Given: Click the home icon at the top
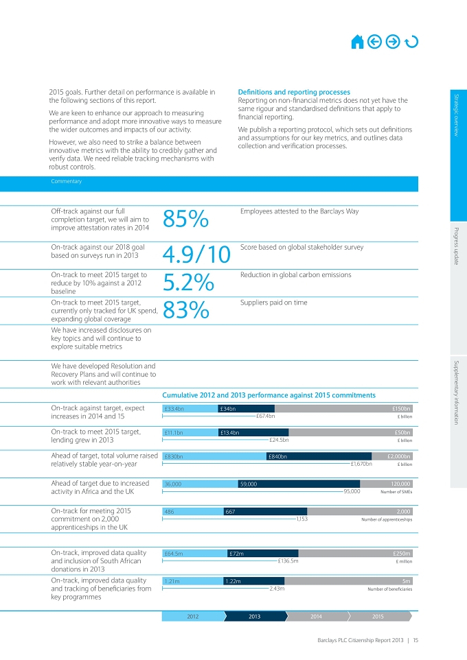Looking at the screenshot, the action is tap(357, 42).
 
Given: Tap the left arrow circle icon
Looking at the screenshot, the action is tap(374, 42).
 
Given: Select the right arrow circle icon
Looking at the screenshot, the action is tap(393, 42).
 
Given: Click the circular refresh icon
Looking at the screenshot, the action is tap(411, 42).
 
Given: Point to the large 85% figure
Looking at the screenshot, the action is tap(185, 219).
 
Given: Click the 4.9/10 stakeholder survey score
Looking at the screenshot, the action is tap(196, 255).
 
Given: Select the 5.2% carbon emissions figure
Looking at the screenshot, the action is tap(188, 282).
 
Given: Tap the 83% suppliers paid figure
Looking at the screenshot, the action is tap(186, 310).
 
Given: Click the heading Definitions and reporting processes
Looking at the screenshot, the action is tap(294, 92).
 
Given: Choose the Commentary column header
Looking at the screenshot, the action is tap(66, 181).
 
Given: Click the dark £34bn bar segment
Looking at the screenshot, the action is tap(246, 408).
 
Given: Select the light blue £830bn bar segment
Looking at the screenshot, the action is tap(214, 456).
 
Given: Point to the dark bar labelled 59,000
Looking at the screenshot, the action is tap(299, 484).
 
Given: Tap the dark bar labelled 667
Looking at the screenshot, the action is tap(266, 512).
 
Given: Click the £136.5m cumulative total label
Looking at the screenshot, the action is tap(288, 561).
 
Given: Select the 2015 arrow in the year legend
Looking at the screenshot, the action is tap(379, 616).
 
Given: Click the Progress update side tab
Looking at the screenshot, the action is tap(457, 246).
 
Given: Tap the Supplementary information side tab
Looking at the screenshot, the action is tap(457, 392).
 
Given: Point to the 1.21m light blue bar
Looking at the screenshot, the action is tap(193, 581).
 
